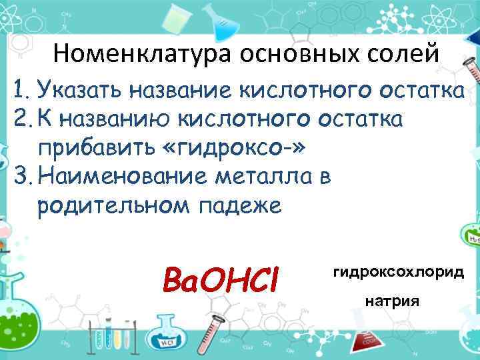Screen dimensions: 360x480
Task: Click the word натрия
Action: [392, 301]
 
